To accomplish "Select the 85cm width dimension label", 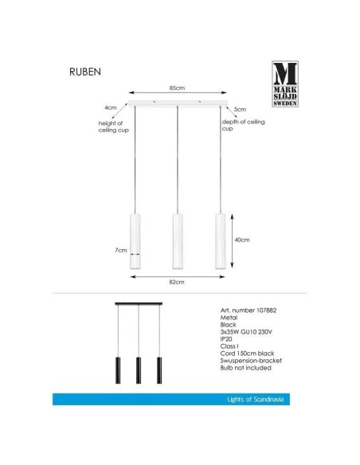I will click(178, 88).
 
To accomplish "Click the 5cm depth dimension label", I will click(241, 108).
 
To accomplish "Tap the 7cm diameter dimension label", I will click(120, 251).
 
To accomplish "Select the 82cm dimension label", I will click(178, 282).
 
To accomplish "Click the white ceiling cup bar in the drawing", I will click(178, 104).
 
